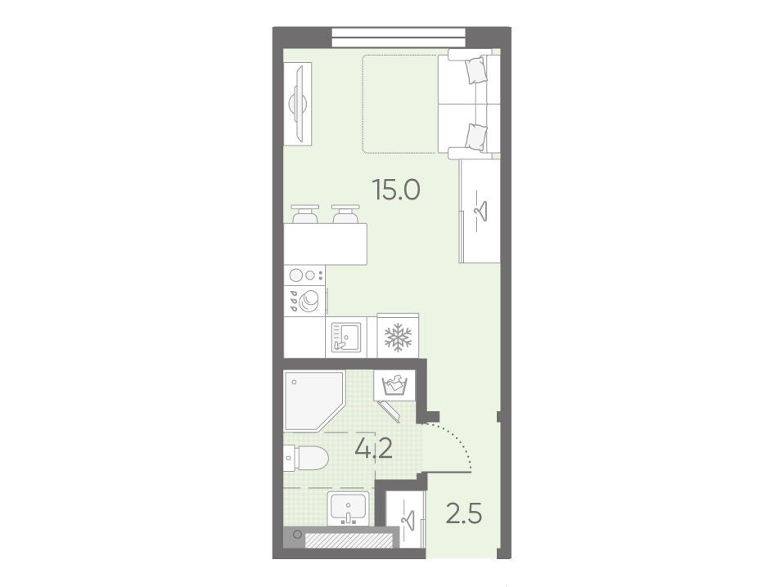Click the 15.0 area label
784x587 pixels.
pyautogui.click(x=396, y=190)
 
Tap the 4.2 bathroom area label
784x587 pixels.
pyautogui.click(x=373, y=449)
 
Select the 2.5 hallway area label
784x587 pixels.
pyautogui.click(x=464, y=513)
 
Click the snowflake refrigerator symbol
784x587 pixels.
pyautogui.click(x=398, y=336)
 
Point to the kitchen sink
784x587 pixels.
pyautogui.click(x=345, y=336)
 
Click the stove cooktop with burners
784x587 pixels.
pyautogui.click(x=304, y=276)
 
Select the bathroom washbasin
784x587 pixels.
pyautogui.click(x=349, y=508)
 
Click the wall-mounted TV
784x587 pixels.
pyautogui.click(x=298, y=104)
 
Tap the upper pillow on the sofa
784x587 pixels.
pyautogui.click(x=475, y=69)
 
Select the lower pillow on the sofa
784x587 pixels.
pyautogui.click(x=475, y=137)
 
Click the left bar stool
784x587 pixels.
pyautogui.click(x=305, y=214)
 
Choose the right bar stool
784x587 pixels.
pyautogui.click(x=346, y=214)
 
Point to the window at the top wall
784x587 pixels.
pyautogui.click(x=399, y=37)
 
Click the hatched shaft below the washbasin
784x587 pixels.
pyautogui.click(x=349, y=540)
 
